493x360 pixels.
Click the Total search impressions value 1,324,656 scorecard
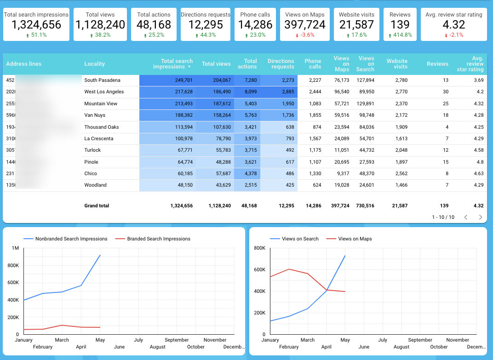click(x=36, y=25)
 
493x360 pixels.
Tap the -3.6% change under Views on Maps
click(x=305, y=35)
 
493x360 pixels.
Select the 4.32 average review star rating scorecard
click(x=454, y=25)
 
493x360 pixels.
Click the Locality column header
click(x=95, y=64)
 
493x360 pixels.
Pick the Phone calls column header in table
click(x=313, y=64)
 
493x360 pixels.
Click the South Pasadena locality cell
click(x=102, y=80)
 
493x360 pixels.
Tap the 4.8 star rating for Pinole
click(x=480, y=162)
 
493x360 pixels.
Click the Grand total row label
click(x=97, y=206)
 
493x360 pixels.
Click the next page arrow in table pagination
click(x=481, y=217)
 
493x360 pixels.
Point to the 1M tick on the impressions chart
click(x=15, y=248)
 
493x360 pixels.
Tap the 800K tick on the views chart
click(x=260, y=248)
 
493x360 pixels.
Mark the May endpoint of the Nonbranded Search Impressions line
click(x=100, y=255)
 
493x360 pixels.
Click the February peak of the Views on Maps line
click(x=289, y=269)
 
